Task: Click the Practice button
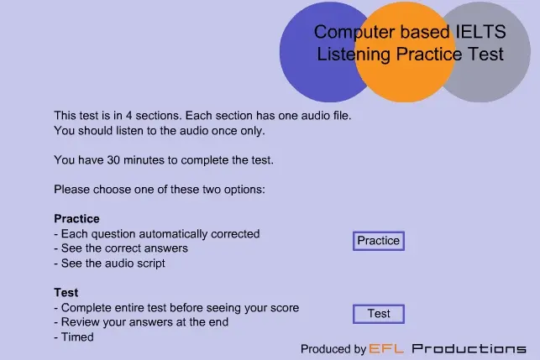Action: click(x=378, y=241)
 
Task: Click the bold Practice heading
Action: click(x=76, y=219)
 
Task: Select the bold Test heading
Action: click(x=66, y=293)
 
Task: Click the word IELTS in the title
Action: click(x=480, y=33)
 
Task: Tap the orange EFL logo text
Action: click(x=387, y=348)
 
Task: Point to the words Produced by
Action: click(x=333, y=348)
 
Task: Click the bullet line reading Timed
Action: click(x=76, y=337)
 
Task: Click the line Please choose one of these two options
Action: click(x=160, y=189)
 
